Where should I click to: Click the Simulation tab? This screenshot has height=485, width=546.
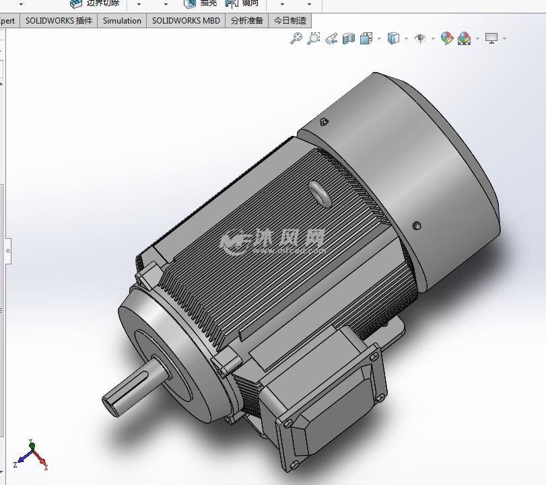(122, 21)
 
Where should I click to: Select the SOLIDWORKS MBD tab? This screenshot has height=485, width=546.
(186, 21)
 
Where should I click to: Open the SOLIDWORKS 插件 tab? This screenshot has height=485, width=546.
(59, 21)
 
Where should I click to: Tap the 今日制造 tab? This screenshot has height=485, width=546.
(290, 21)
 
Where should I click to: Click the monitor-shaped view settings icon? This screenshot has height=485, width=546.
(491, 38)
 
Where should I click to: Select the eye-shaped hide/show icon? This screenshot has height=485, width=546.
(421, 38)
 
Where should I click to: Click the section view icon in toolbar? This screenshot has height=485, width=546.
(348, 38)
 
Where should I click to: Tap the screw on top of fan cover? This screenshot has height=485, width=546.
(325, 122)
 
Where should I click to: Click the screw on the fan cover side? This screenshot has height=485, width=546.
(417, 225)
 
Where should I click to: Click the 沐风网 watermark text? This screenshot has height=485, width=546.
(289, 238)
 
